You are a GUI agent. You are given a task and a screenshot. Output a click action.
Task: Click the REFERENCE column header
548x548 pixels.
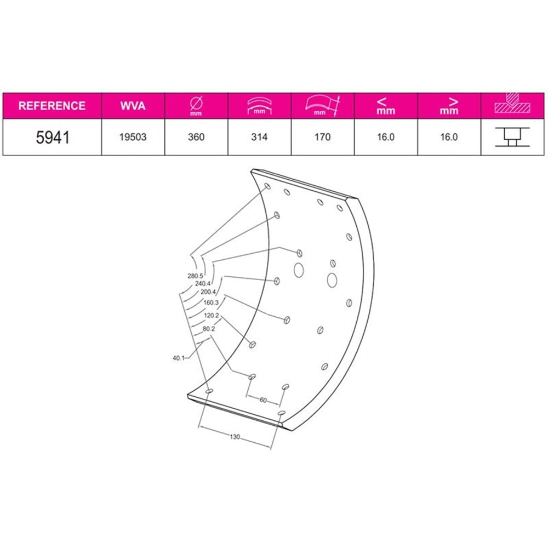[x=52, y=106]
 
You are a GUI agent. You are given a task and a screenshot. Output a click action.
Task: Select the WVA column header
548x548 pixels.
[x=133, y=106]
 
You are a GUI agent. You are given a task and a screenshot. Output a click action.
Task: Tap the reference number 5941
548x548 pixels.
[x=53, y=138]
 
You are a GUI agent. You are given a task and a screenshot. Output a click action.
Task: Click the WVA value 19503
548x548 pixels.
[x=133, y=137]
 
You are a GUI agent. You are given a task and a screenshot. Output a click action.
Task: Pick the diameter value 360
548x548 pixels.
[x=196, y=137]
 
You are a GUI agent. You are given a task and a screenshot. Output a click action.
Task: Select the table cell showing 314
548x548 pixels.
[x=259, y=137]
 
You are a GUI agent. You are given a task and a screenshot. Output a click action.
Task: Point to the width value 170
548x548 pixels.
[x=322, y=137]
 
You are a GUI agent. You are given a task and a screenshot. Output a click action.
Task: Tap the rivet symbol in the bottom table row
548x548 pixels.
[x=512, y=137]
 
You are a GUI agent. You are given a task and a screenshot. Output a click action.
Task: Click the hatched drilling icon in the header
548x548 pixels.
[x=512, y=104]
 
